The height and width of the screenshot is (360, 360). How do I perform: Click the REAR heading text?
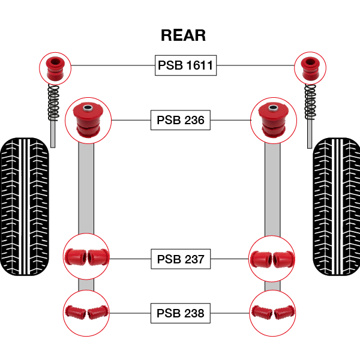coord(183,35)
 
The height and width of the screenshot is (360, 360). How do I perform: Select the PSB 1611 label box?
coord(185,65)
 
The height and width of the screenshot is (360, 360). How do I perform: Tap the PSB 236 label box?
coord(181,120)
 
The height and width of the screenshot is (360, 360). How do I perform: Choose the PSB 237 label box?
coord(181,260)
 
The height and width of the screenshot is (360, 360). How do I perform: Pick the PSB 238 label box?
coord(181,313)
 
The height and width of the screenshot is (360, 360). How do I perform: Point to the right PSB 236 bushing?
coord(273,119)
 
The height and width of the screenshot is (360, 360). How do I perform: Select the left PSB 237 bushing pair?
coord(86,257)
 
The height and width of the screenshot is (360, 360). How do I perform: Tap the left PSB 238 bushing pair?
coord(86,313)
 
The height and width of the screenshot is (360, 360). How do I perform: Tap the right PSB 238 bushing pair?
coord(273,313)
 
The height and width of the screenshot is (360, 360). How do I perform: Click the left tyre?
coord(25,207)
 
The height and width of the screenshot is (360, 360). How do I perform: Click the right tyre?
coord(336,207)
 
